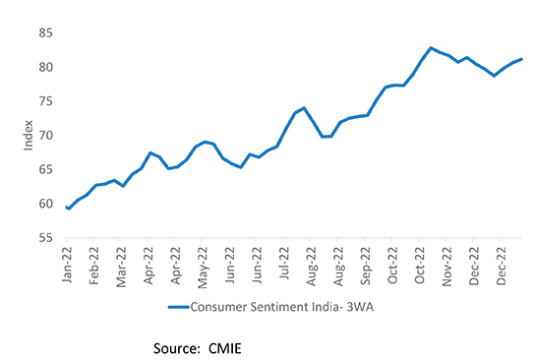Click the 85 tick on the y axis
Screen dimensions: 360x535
[46, 32]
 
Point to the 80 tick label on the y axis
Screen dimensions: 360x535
[46, 67]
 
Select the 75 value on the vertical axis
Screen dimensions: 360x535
[46, 101]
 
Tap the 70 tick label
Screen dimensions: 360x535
[46, 136]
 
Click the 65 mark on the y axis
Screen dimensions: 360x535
[46, 170]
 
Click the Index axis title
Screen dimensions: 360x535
[28, 136]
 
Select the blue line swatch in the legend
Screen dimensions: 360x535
[178, 308]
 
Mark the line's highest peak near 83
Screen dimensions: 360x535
[431, 47]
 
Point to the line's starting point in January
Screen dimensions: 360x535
[67, 208]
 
